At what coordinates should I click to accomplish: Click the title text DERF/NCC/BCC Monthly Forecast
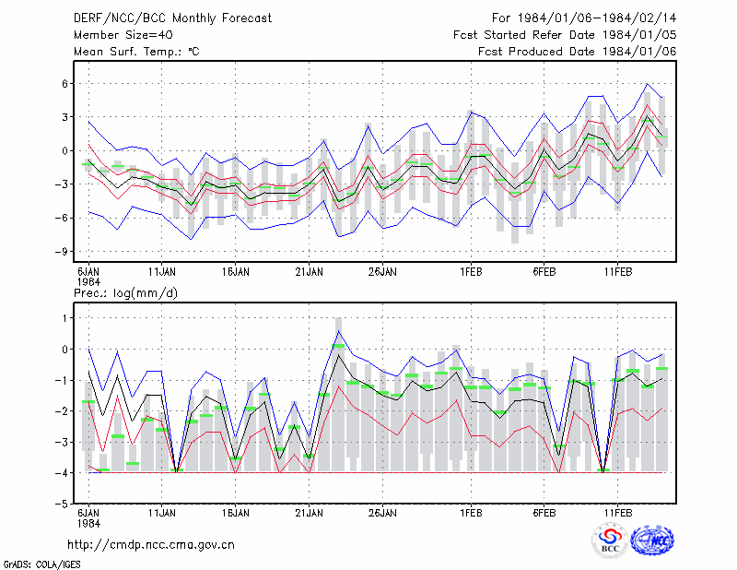pos(172,18)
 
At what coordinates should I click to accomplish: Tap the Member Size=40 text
pos(123,35)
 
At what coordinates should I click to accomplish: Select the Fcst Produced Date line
pos(577,52)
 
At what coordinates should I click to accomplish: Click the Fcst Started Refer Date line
pos(565,35)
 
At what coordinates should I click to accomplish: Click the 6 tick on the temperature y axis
pos(64,84)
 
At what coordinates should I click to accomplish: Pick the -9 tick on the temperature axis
pos(61,252)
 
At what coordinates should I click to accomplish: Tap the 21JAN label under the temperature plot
pos(309,272)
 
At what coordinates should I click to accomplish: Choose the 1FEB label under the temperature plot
pos(471,272)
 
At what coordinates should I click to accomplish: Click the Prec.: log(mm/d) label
pos(125,293)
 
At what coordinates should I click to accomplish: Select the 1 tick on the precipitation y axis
pos(64,318)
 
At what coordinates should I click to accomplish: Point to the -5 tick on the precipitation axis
pos(61,504)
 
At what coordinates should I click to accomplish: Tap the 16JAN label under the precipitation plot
pos(236,513)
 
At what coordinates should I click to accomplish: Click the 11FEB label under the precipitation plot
pos(618,513)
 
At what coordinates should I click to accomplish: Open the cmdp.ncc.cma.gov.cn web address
pos(151,545)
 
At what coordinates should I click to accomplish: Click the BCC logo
pos(610,540)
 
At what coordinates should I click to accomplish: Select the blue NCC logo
pos(652,540)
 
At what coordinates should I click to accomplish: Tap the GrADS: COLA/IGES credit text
pos(41,564)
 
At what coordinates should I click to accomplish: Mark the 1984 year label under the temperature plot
pos(88,282)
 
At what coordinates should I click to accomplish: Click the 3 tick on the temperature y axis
pos(64,117)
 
